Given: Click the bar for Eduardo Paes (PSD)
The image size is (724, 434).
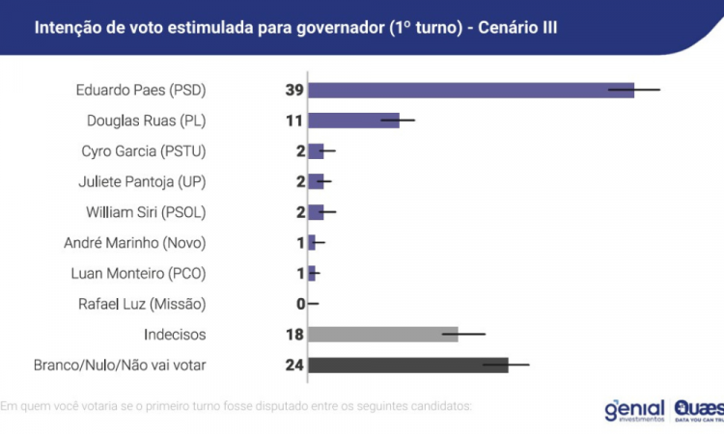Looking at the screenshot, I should pos(471,90).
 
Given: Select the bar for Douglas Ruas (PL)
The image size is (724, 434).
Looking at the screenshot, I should pos(353,121).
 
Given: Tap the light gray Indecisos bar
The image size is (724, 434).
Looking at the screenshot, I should pos(382,334).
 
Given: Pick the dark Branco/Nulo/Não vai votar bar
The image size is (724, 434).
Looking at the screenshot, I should pos(407,365).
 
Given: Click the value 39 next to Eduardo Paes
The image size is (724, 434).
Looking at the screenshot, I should pos(293,90).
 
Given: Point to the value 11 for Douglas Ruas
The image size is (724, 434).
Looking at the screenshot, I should pos(293,121).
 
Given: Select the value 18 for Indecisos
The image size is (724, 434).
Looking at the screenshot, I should pos(293,334).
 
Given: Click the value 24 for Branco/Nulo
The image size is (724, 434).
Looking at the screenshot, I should pos(293,365).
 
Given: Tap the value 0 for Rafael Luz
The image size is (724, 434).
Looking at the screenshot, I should pos(300,304).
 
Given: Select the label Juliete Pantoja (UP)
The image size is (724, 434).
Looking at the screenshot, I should pos(142,181).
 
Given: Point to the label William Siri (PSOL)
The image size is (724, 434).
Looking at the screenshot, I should pos(142,212).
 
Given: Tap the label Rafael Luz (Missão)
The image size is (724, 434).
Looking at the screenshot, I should pos(142,304).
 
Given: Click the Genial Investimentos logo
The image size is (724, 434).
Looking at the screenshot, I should pos(634,409).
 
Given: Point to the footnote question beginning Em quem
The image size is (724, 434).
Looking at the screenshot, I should pos(237,405).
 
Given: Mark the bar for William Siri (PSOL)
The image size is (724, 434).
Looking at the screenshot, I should pos(316,212).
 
